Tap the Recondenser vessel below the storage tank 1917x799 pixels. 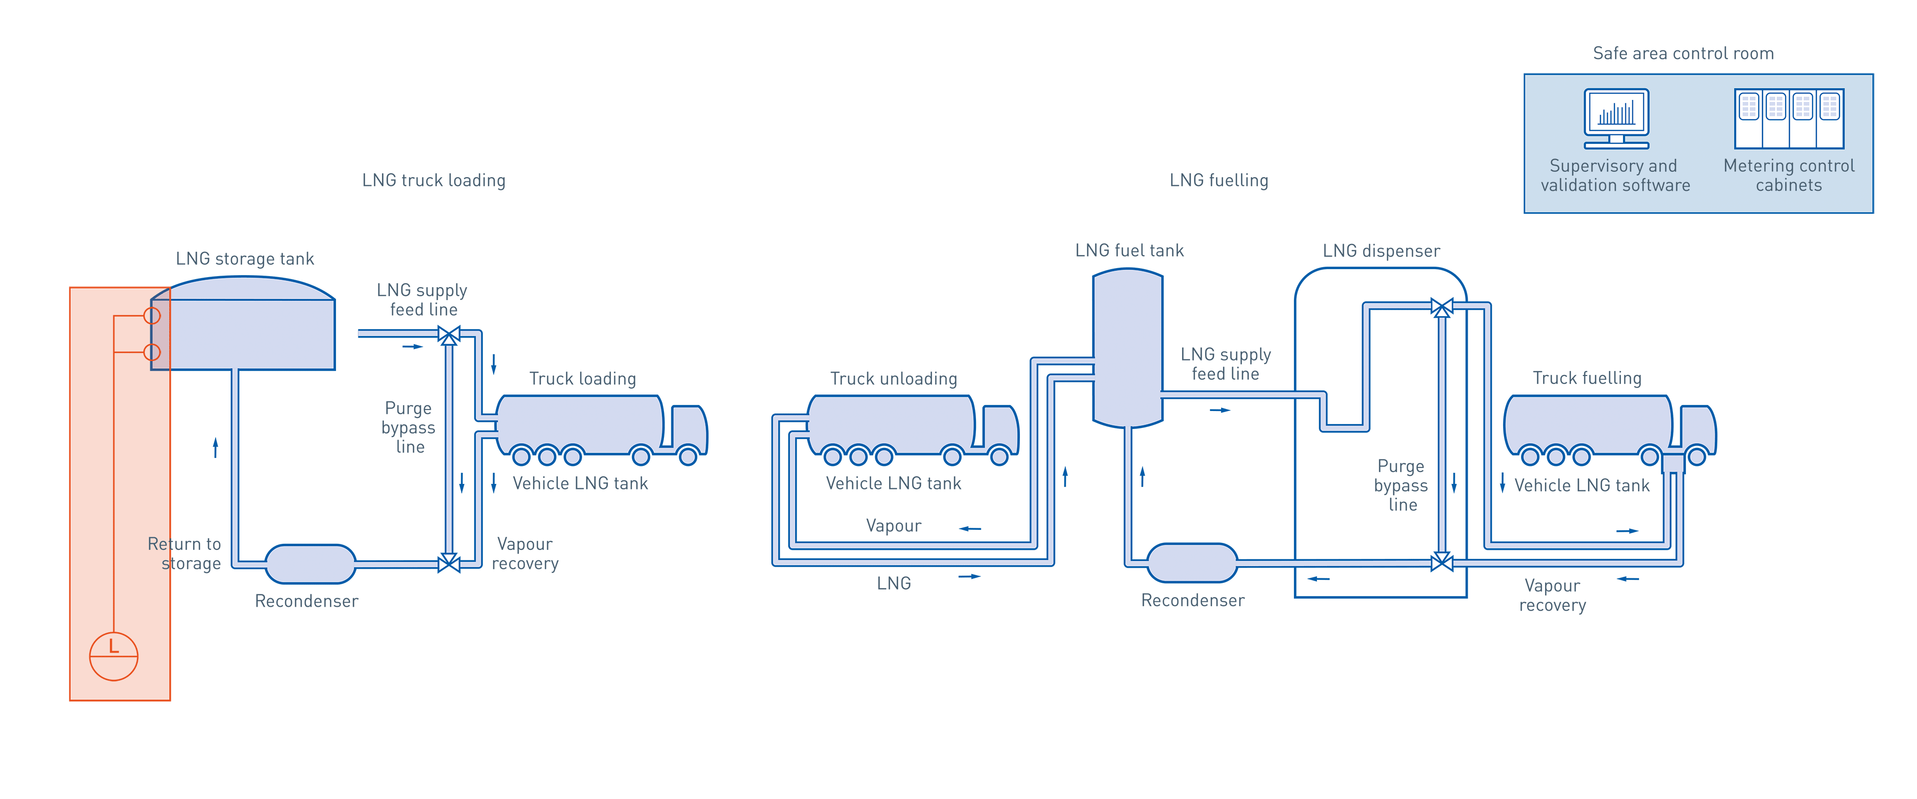tap(311, 564)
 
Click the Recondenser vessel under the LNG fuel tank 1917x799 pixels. tap(1192, 563)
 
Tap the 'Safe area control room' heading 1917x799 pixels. tap(1683, 53)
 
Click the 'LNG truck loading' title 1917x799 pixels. tap(434, 181)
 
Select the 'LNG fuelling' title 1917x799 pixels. tap(1219, 181)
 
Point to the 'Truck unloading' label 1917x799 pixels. tap(894, 379)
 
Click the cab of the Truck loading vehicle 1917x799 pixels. tap(689, 427)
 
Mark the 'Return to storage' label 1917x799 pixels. tap(185, 554)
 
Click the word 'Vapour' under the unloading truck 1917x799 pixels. tap(894, 526)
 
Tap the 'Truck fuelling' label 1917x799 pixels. tap(1587, 379)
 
